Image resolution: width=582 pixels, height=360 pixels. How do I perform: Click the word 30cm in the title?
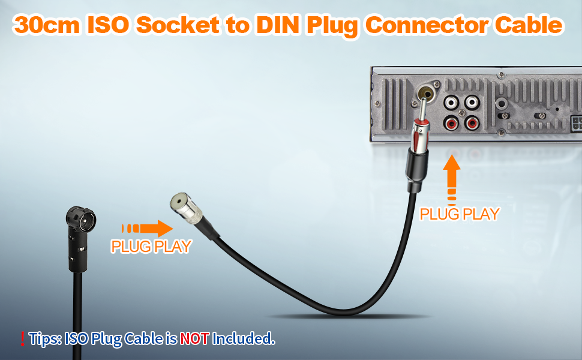[x=47, y=25]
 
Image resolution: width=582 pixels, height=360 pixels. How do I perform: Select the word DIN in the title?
[x=278, y=25]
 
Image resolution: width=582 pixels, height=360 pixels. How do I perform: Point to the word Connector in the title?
[x=427, y=25]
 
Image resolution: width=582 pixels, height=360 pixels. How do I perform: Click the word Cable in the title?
[x=529, y=25]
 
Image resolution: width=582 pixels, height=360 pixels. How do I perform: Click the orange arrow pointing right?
[x=147, y=228]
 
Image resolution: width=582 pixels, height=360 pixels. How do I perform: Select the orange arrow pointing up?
[x=452, y=179]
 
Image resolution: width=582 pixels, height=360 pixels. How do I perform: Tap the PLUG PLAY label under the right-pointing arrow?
[x=151, y=247]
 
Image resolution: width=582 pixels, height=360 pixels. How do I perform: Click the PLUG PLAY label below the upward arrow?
[x=460, y=214]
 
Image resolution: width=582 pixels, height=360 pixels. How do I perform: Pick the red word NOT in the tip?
[x=194, y=339]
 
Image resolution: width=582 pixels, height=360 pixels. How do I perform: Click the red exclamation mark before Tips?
[x=23, y=339]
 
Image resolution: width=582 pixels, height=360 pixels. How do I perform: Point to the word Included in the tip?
[x=243, y=339]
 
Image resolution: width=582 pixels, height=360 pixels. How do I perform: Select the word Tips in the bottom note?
[x=45, y=339]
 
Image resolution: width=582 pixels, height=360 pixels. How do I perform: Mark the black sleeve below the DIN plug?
[x=416, y=169]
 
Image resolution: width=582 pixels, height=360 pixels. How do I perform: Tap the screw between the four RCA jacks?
[x=462, y=113]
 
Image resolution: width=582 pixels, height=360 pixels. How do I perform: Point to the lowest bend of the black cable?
[x=343, y=312]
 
